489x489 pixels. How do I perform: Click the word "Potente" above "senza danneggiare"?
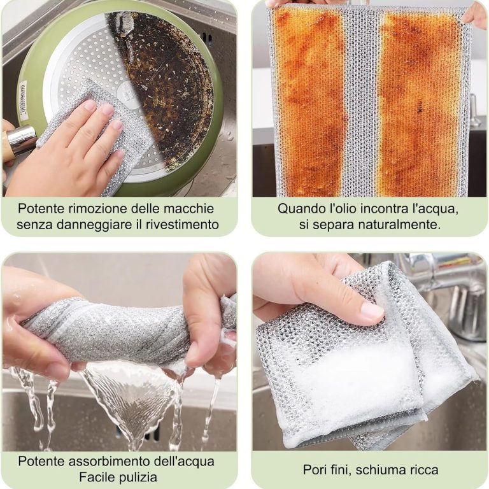(x=38, y=208)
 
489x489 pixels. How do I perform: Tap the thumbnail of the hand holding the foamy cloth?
(x=372, y=311)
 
